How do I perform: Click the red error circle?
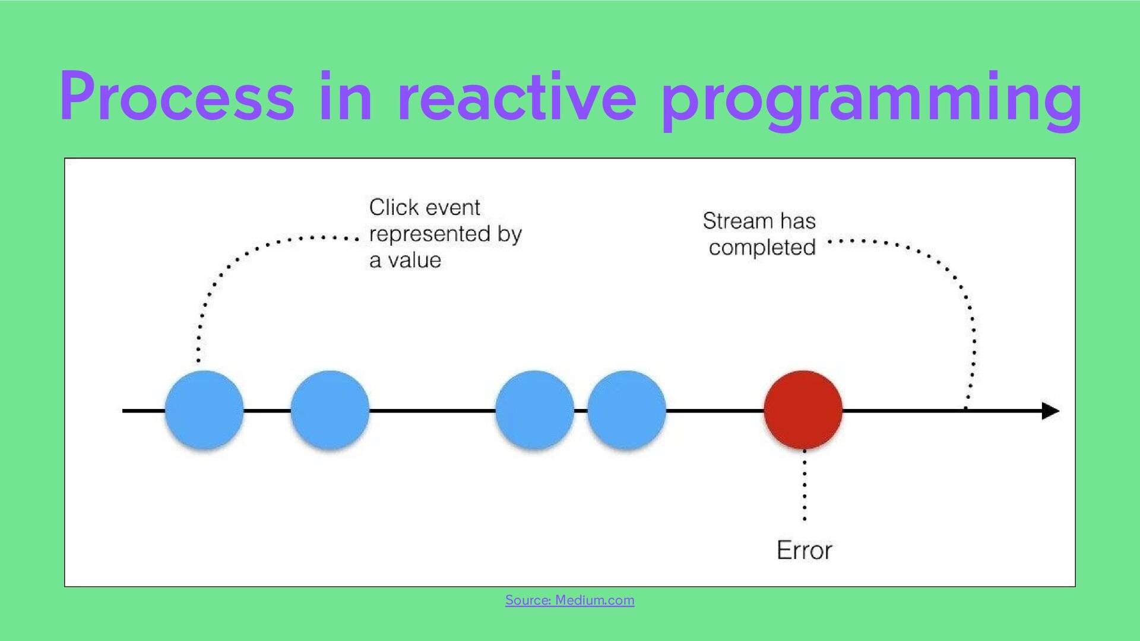pyautogui.click(x=803, y=410)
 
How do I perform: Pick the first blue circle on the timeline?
pyautogui.click(x=204, y=410)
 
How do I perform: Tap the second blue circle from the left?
pyautogui.click(x=330, y=410)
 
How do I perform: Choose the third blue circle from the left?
pyautogui.click(x=534, y=410)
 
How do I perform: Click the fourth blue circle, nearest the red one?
pyautogui.click(x=626, y=410)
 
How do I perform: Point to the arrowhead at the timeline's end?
pyautogui.click(x=1050, y=411)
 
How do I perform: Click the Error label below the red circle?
pyautogui.click(x=804, y=550)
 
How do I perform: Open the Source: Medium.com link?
pyautogui.click(x=569, y=600)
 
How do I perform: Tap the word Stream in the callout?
pyautogui.click(x=738, y=221)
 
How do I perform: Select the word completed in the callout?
pyautogui.click(x=762, y=247)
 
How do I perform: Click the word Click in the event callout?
pyautogui.click(x=394, y=207)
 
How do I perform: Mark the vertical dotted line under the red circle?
pyautogui.click(x=805, y=487)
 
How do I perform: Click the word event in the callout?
pyautogui.click(x=453, y=208)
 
